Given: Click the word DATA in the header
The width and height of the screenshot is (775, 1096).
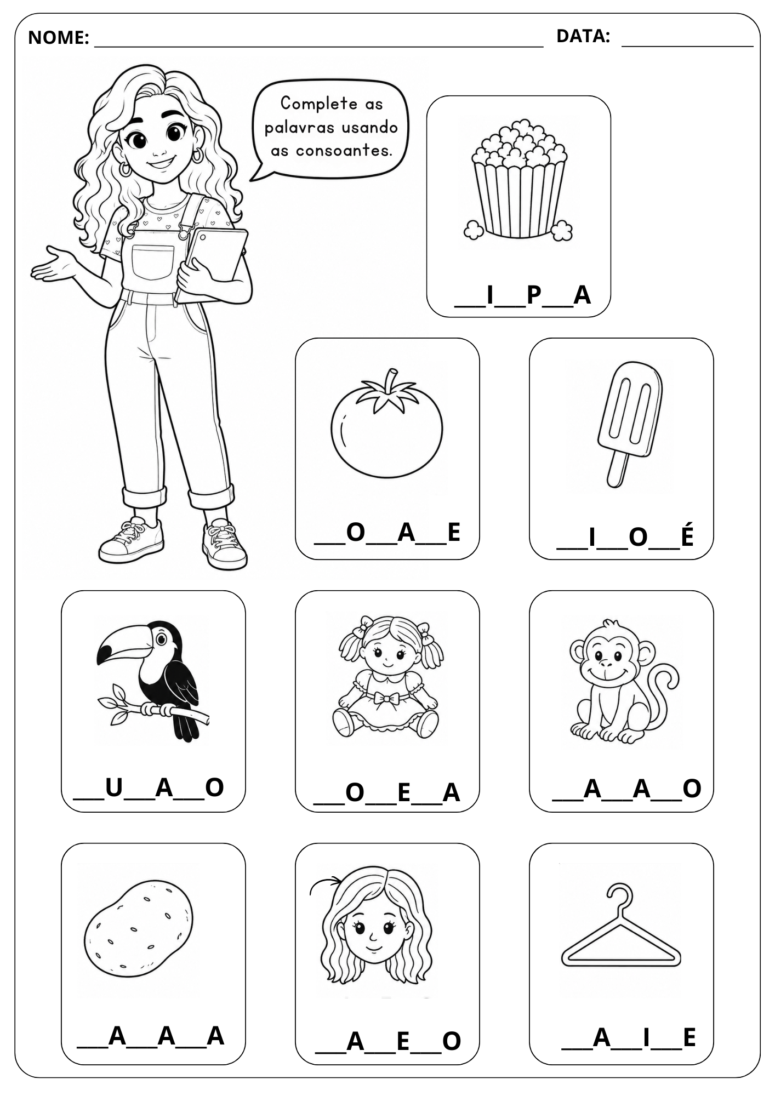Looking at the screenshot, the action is pos(580,36).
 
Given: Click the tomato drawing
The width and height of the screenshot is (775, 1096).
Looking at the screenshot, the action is pos(386,424).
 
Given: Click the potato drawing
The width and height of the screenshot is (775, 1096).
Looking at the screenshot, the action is pos(139,928).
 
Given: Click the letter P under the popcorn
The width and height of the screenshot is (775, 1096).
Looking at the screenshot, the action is pos(534,295).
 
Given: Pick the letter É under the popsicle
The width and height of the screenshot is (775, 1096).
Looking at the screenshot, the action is pos(687,535).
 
